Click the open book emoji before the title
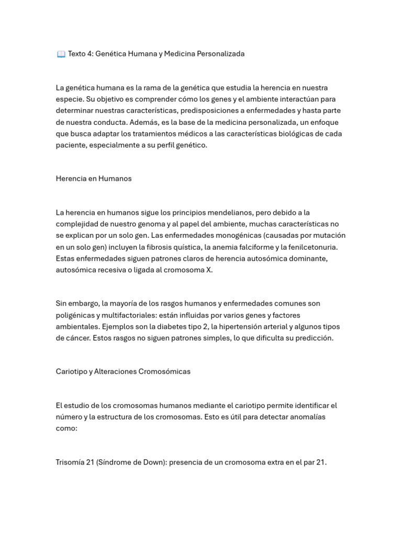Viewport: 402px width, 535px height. click(x=61, y=54)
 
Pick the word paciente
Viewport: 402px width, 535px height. click(x=70, y=145)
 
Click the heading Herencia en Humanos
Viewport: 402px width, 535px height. click(x=94, y=179)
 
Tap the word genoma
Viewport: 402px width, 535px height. click(x=153, y=224)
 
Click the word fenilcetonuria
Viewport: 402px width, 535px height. click(x=309, y=247)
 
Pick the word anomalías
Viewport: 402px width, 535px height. click(x=305, y=417)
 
